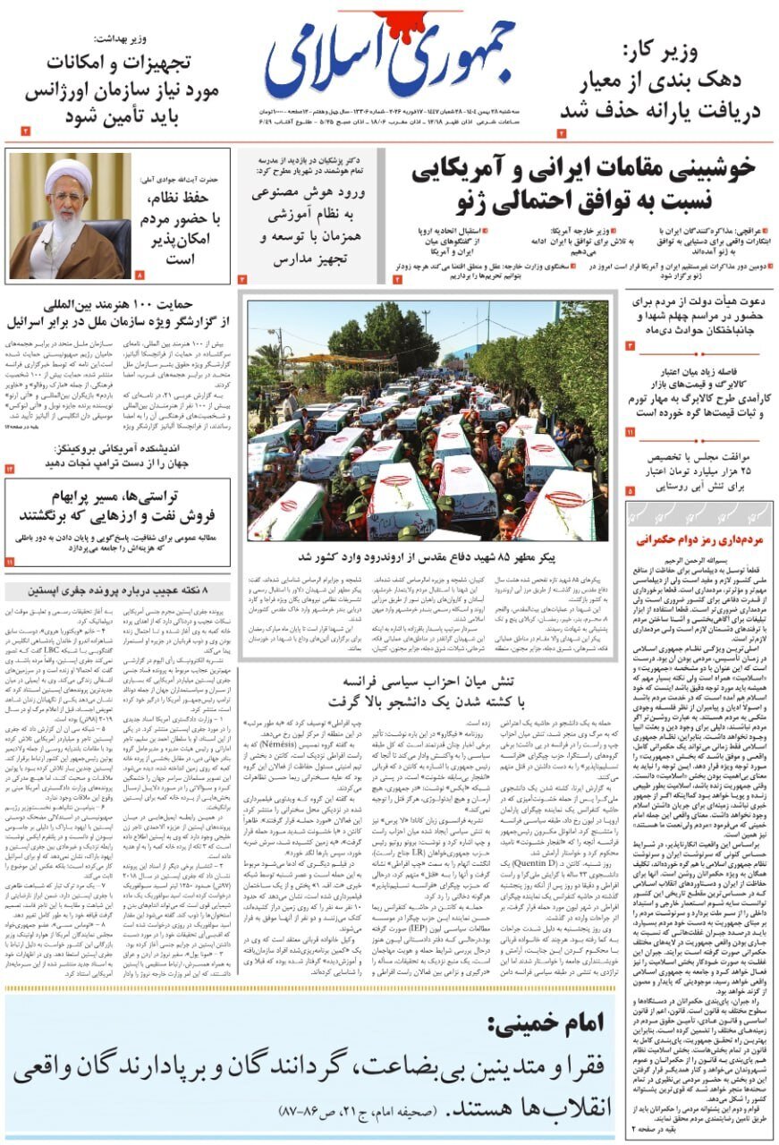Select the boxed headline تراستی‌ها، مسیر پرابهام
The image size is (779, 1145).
[118, 505]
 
